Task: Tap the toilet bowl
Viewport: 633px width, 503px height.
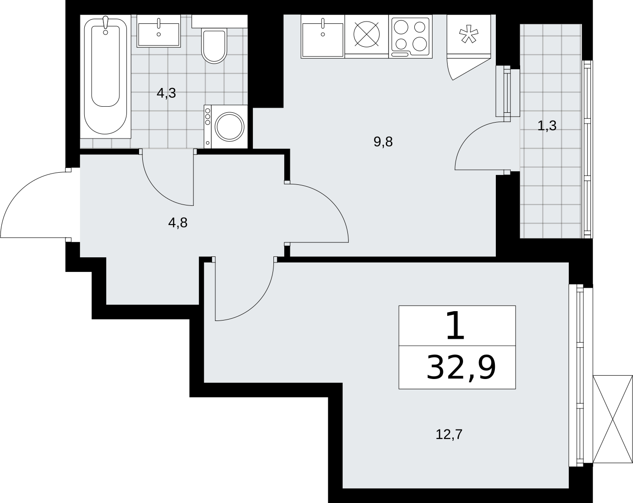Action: tap(214, 45)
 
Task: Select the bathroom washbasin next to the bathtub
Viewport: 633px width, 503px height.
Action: tap(159, 31)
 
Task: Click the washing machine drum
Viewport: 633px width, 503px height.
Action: tap(229, 127)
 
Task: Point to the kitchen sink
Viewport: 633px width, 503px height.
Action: tap(323, 36)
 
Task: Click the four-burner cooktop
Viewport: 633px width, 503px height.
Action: tap(410, 37)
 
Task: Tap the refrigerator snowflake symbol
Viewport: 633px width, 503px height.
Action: tap(469, 34)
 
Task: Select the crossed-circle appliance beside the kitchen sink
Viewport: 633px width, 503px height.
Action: tap(367, 34)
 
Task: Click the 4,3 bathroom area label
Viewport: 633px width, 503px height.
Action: tap(166, 93)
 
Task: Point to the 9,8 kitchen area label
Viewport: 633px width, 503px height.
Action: tap(383, 142)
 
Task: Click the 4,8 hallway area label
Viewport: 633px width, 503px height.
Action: tap(177, 223)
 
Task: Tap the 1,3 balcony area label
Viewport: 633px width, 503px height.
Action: tap(547, 126)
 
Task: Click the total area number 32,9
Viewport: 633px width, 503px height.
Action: tap(461, 368)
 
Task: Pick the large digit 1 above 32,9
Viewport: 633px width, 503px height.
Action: tap(456, 326)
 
